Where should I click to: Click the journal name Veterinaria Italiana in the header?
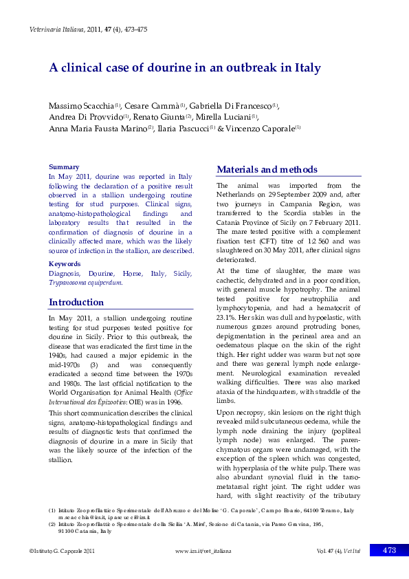[56, 30]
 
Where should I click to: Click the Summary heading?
[63, 167]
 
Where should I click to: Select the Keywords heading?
[65, 264]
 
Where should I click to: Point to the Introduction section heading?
[76, 303]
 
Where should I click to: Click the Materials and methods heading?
[267, 170]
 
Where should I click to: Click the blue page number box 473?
[389, 550]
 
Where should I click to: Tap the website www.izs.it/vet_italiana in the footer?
[203, 551]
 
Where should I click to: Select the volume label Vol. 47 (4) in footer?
[330, 551]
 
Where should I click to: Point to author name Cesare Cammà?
[155, 105]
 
